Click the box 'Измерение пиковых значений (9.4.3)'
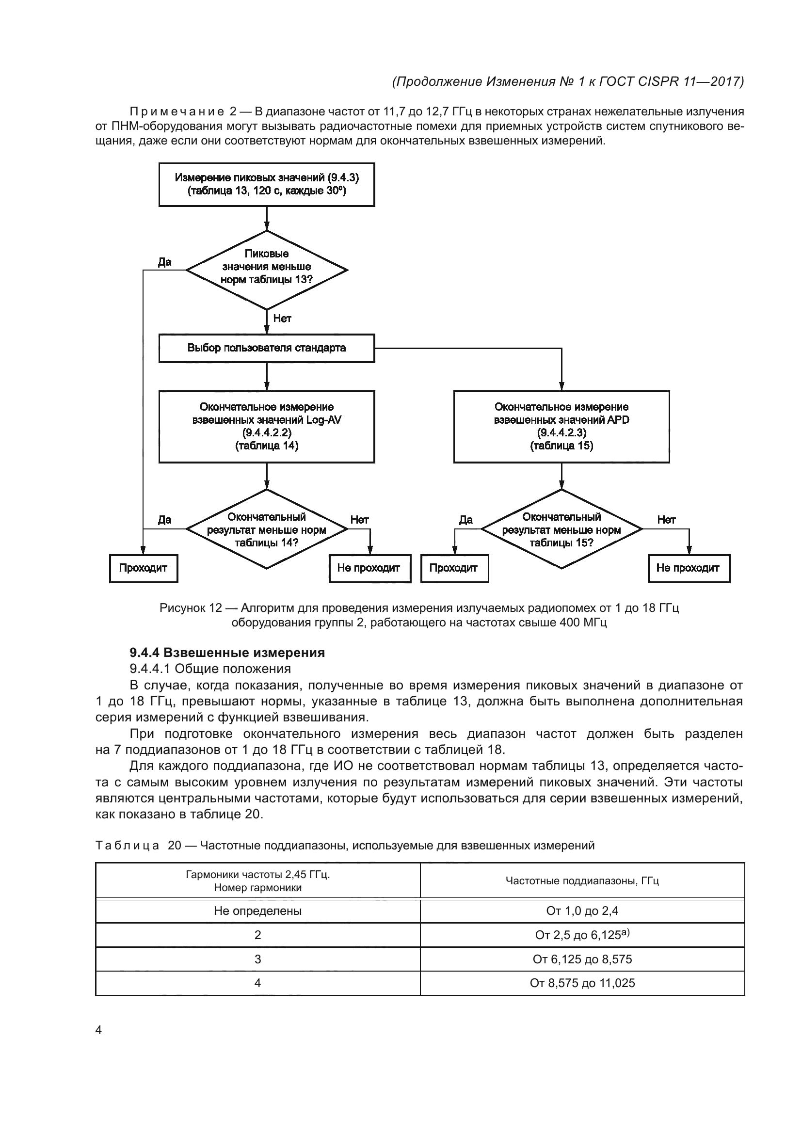tap(267, 184)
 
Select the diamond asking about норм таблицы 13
tap(267, 270)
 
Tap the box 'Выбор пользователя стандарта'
tap(267, 348)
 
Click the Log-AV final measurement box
tap(267, 426)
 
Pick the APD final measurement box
tap(561, 426)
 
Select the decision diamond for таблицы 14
tap(267, 529)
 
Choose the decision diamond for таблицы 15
tap(561, 529)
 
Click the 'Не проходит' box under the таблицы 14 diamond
tap(370, 568)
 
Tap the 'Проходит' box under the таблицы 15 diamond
tap(454, 568)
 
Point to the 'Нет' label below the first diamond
tap(282, 319)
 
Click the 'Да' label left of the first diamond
tap(164, 262)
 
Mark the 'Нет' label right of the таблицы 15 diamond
tap(666, 520)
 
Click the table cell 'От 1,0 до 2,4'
tap(582, 911)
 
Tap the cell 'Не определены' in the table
tap(258, 911)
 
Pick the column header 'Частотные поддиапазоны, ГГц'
tap(582, 880)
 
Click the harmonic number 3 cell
tap(258, 959)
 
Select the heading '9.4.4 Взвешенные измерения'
tap(227, 653)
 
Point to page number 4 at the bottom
tap(98, 1030)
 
